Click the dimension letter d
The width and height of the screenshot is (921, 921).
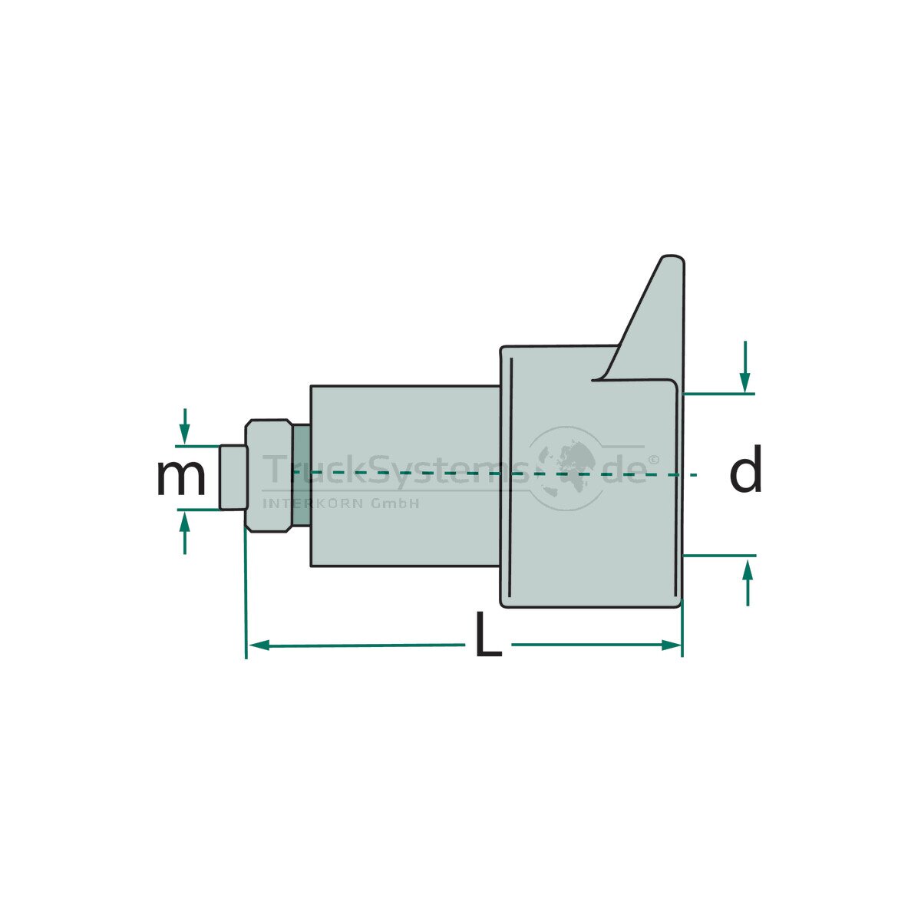pyautogui.click(x=745, y=468)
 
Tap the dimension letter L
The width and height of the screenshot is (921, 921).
pyautogui.click(x=488, y=633)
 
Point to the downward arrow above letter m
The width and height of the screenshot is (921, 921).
pyautogui.click(x=184, y=426)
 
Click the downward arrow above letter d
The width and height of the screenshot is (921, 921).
pyautogui.click(x=744, y=367)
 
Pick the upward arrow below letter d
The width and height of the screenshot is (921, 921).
pyautogui.click(x=748, y=583)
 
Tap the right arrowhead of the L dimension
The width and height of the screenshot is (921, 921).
pyautogui.click(x=671, y=645)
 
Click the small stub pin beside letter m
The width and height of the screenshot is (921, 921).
pyautogui.click(x=233, y=477)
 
